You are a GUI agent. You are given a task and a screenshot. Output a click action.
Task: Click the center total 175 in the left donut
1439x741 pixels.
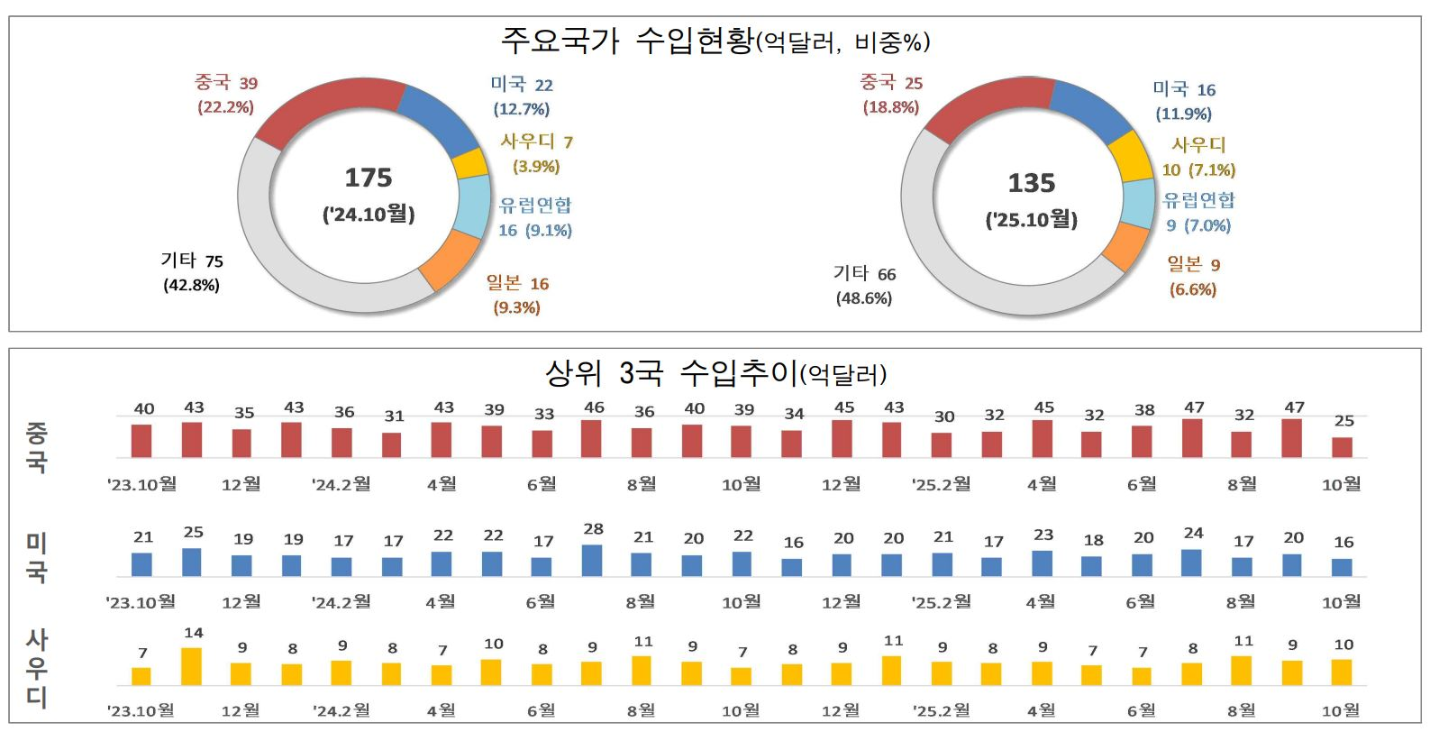tap(369, 178)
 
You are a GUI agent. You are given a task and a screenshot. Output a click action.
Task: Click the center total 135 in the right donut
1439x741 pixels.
tap(1031, 183)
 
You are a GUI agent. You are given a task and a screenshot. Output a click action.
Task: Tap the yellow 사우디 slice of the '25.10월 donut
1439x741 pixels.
tap(1131, 156)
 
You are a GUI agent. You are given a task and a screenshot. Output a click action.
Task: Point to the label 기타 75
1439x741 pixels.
tap(191, 261)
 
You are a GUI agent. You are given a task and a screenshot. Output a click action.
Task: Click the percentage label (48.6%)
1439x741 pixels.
tap(863, 298)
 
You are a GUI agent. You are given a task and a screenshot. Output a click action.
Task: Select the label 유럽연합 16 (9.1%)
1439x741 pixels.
tap(535, 217)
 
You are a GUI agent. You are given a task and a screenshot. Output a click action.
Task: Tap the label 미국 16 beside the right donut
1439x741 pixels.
tap(1184, 89)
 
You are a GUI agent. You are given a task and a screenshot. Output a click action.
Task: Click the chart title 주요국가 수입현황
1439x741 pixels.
tap(626, 41)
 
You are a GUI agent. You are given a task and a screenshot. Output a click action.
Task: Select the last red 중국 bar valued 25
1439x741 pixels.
tap(1342, 447)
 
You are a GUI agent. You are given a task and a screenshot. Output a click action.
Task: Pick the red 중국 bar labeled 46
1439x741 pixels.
tap(591, 439)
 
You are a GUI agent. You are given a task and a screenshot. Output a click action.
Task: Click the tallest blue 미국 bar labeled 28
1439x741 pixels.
tap(592, 560)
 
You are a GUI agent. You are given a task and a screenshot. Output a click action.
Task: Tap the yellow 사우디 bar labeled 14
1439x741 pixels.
tap(191, 666)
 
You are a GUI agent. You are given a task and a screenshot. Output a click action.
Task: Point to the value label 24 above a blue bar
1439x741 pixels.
tap(1193, 533)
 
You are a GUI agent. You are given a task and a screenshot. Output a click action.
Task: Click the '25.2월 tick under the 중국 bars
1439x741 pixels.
tap(942, 484)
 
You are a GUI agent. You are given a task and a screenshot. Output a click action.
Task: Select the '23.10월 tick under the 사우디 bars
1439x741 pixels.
tap(141, 710)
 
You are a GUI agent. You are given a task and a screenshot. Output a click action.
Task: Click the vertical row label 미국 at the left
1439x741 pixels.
tap(36, 557)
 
